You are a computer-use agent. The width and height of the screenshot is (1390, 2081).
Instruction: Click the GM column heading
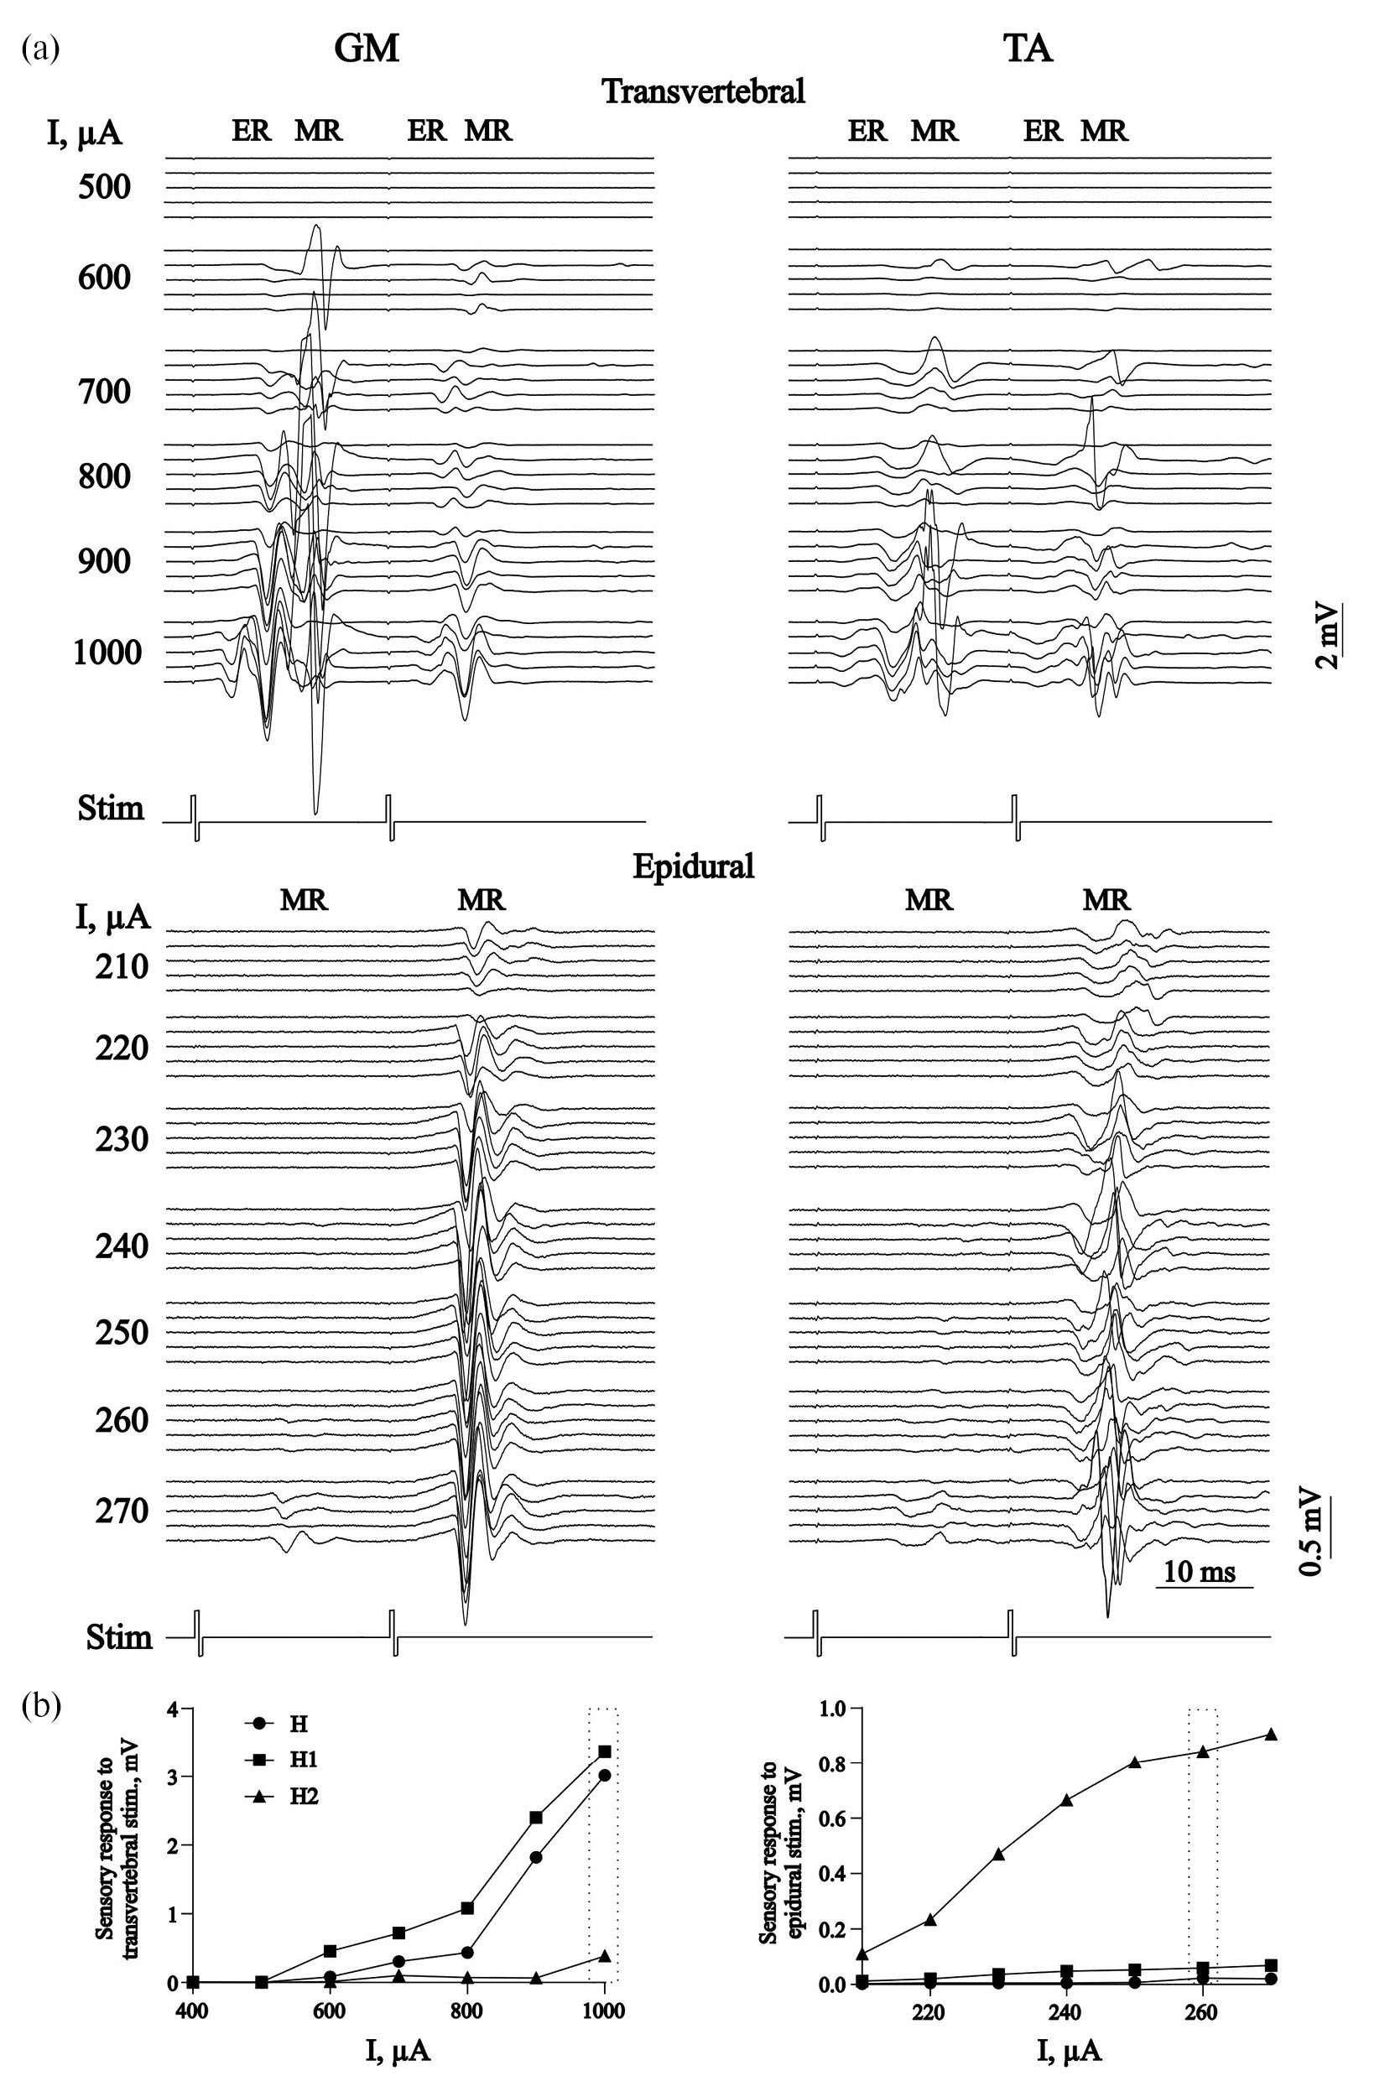coord(366,49)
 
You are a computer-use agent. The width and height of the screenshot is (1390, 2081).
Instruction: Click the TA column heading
coord(1029,49)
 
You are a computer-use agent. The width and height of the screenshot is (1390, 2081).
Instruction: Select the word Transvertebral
coord(703,91)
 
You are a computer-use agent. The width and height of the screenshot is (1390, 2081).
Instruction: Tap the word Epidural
coord(693,866)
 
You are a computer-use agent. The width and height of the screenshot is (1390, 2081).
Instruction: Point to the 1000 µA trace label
coord(107,653)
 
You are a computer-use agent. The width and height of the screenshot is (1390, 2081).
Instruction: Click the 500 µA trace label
coord(105,187)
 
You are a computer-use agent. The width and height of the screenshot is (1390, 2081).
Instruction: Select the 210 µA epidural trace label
coord(122,967)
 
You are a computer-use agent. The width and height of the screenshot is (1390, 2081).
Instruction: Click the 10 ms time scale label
coord(1200,1572)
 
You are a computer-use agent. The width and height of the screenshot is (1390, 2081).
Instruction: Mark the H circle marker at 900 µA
coord(536,1857)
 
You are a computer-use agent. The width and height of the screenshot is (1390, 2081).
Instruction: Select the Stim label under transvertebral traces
coord(110,809)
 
